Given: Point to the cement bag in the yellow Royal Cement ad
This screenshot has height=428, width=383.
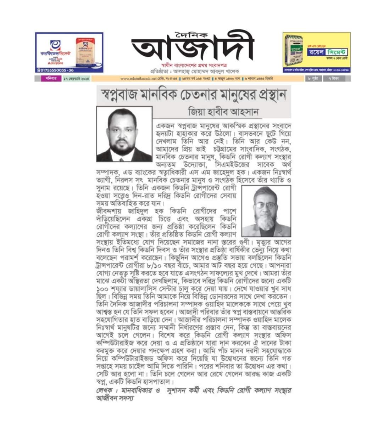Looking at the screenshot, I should (294, 50).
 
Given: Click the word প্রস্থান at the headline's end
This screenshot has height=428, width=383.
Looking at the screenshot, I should (265, 95).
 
